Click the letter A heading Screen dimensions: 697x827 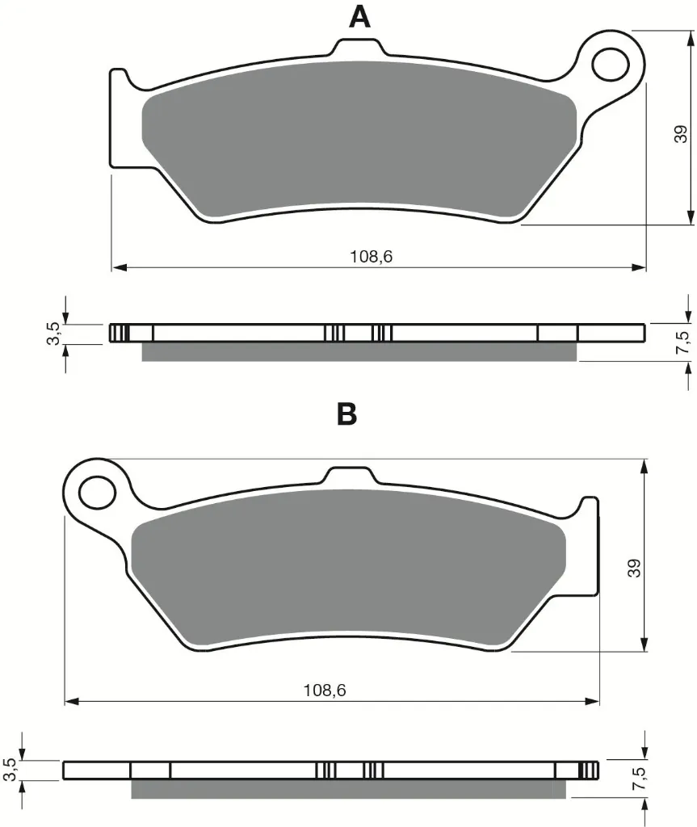[360, 18]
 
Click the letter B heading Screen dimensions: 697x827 [346, 414]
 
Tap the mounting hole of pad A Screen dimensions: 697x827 [611, 65]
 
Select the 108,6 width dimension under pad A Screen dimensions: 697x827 [372, 257]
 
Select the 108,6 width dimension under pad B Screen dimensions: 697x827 [325, 691]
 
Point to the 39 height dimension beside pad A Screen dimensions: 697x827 [681, 134]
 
